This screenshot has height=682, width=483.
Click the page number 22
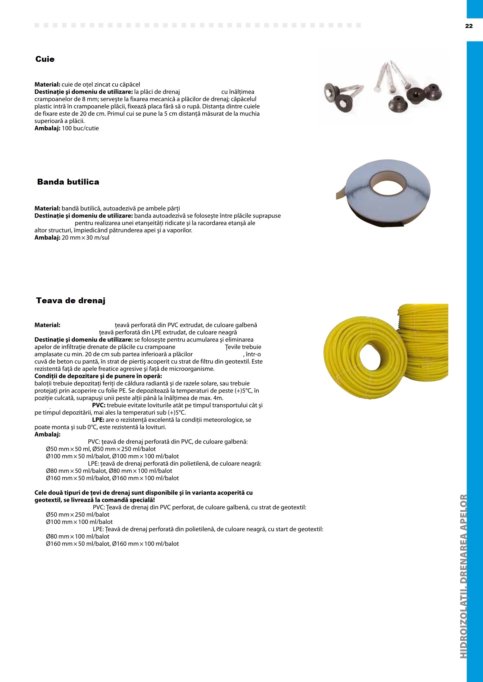coord(469,26)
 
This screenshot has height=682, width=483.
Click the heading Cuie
coord(45,59)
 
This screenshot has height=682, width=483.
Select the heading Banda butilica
coord(68,182)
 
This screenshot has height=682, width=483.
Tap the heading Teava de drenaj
coord(71,301)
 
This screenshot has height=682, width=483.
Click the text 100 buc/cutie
coord(80,128)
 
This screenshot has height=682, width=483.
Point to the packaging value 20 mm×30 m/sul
coord(85,238)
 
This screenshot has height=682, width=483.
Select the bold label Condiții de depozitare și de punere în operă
coord(98,376)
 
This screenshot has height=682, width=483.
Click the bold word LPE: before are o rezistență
coord(98,420)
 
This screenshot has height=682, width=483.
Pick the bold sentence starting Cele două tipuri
coord(143,493)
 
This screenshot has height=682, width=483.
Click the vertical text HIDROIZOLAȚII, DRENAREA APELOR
coord(463,576)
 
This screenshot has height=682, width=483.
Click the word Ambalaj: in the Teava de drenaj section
coord(47,434)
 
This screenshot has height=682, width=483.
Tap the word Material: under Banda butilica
coord(47,208)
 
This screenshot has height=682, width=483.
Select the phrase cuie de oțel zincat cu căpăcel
coord(100,85)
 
